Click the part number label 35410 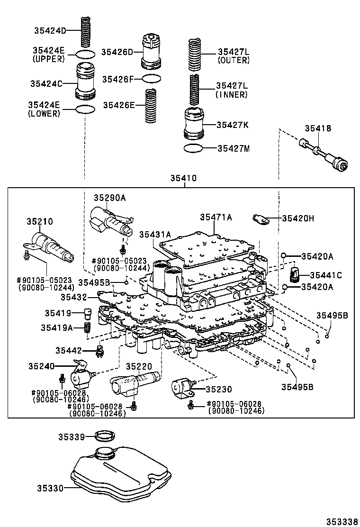(x=184, y=179)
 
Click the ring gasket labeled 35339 (x=104, y=436)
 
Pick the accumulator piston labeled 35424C (x=85, y=82)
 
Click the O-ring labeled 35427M (x=194, y=148)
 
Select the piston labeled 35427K (x=194, y=124)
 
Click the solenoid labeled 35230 (x=183, y=387)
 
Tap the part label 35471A (x=216, y=217)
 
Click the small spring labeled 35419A (x=87, y=327)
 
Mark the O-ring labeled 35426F (x=151, y=78)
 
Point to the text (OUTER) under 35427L (x=234, y=60)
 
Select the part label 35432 (x=74, y=297)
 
